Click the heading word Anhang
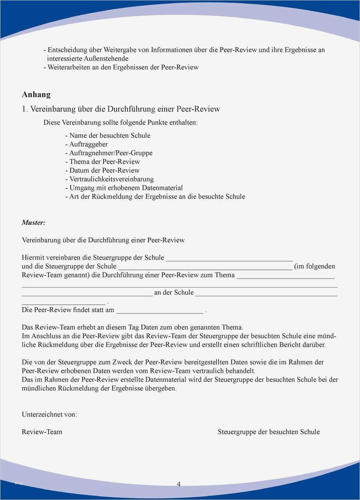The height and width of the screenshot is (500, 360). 36,95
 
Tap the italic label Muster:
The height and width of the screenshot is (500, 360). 33,223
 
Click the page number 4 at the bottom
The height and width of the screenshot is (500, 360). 178,484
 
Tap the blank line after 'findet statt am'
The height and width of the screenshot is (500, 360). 160,312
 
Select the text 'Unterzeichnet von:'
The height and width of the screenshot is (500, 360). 49,414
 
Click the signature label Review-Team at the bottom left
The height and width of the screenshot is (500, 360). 42,432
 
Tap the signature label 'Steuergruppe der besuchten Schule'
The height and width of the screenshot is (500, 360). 268,432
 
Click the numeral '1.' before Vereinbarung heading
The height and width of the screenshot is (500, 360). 25,109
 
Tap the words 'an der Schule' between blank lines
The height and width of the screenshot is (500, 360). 174,292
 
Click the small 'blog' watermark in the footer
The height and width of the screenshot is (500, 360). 19,483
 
